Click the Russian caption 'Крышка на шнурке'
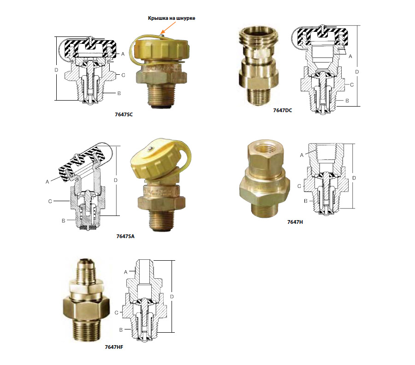click(172, 18)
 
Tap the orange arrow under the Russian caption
click(168, 27)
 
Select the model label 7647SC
click(124, 114)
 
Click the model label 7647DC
click(282, 110)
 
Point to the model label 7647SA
click(125, 236)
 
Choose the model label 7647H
click(295, 222)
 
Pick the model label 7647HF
click(114, 347)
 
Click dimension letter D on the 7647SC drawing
click(56, 70)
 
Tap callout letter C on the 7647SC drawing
click(123, 75)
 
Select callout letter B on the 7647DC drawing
click(347, 101)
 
